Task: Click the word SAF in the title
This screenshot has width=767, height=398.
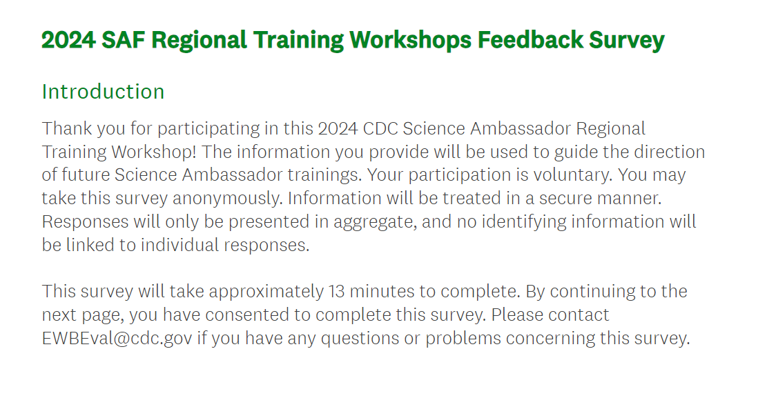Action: pyautogui.click(x=124, y=39)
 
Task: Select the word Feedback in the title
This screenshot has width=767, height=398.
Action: pyautogui.click(x=530, y=39)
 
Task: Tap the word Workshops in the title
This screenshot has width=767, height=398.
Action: pyautogui.click(x=410, y=40)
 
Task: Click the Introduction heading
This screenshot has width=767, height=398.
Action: pyautogui.click(x=104, y=92)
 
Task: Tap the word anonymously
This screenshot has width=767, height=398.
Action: pyautogui.click(x=227, y=198)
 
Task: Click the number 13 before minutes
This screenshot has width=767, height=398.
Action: pyautogui.click(x=336, y=291)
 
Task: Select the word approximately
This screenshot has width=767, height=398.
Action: pyautogui.click(x=266, y=291)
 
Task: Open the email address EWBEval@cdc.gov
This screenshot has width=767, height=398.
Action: pyautogui.click(x=117, y=338)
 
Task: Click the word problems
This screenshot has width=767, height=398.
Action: pyautogui.click(x=463, y=338)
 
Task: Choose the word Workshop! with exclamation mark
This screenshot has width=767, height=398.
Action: pyautogui.click(x=153, y=152)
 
